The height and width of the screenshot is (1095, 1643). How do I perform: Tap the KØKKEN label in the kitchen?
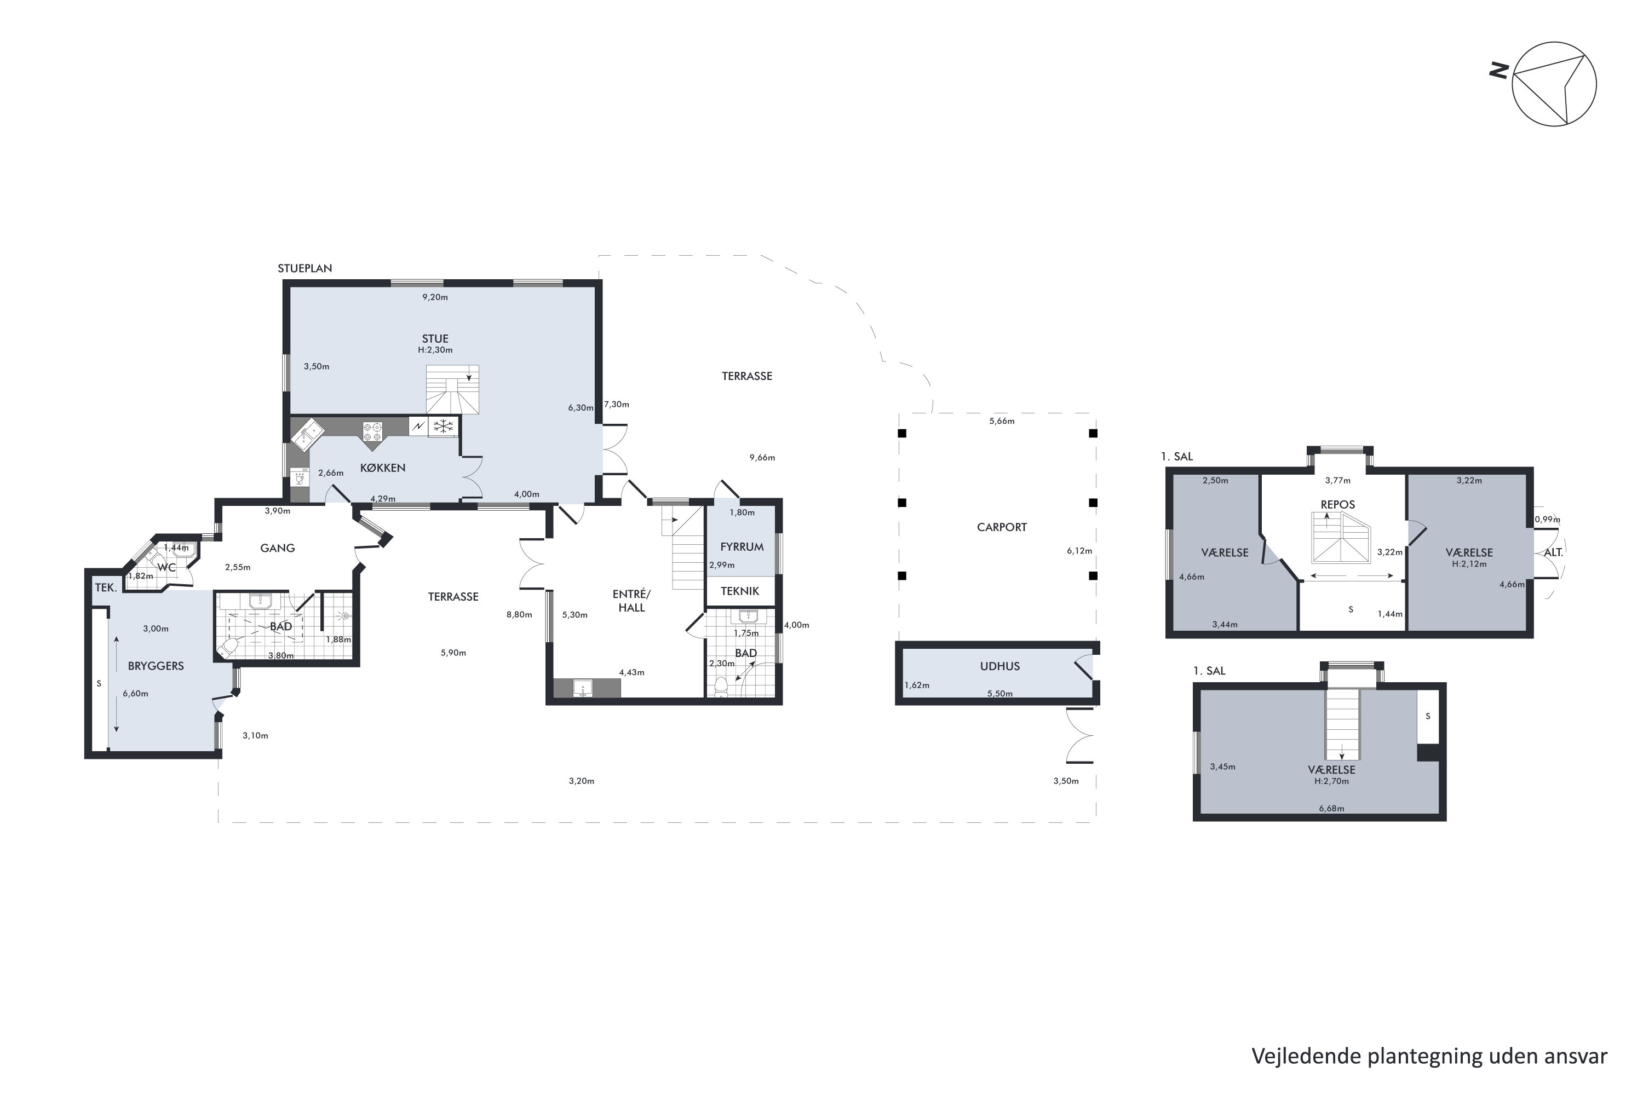point(382,468)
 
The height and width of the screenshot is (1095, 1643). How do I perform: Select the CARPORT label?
point(1001,527)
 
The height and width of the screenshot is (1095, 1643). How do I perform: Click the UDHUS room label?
point(999,666)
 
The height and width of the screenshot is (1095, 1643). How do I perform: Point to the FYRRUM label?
point(742,547)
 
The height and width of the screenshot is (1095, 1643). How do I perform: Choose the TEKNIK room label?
point(740,591)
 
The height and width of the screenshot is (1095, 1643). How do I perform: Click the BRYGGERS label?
point(156,666)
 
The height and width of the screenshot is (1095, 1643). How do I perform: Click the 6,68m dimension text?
point(1331,809)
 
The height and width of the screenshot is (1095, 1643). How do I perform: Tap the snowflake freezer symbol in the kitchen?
point(443,425)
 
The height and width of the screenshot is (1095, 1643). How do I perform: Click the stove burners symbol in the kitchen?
point(372,431)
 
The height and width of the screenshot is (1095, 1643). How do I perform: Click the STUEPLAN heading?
point(305,268)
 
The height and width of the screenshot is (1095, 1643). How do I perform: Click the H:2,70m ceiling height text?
point(1331,781)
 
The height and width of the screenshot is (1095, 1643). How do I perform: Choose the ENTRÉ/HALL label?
point(631,601)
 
